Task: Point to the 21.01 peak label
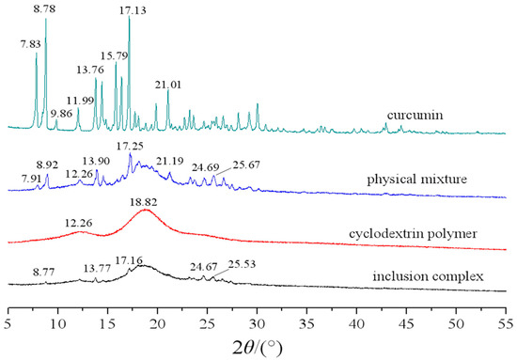169,84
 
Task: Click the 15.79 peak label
116,55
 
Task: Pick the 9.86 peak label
51,113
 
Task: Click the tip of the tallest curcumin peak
129,18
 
